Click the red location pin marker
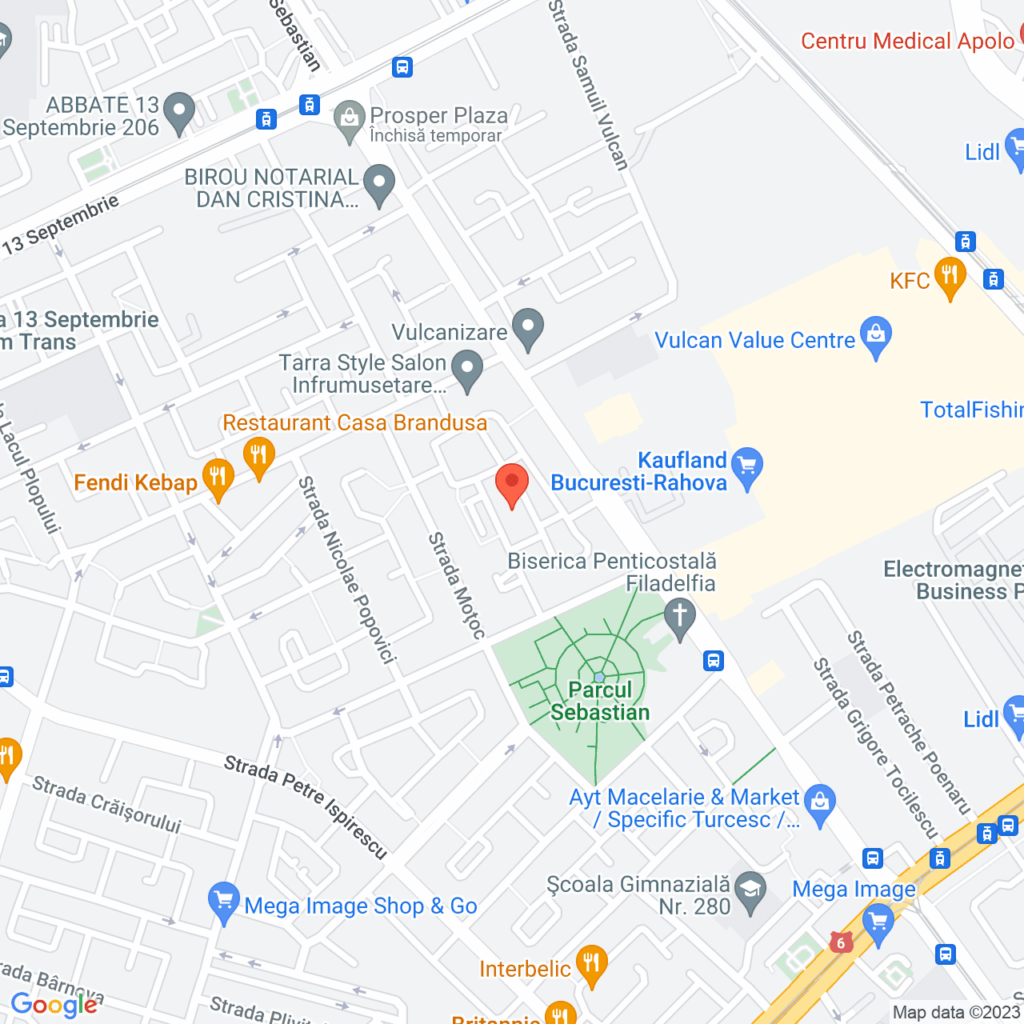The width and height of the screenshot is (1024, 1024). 512,484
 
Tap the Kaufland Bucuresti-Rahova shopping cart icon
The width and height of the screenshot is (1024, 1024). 747,466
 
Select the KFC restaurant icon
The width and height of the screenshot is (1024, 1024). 950,277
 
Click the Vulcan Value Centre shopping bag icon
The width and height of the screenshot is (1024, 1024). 876,335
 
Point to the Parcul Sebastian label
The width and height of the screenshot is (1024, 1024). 600,701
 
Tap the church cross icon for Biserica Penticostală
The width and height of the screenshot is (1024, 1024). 680,618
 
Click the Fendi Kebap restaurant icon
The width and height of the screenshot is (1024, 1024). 218,478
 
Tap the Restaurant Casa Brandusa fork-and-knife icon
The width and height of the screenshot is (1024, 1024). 258,457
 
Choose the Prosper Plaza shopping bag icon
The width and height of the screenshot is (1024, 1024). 349,119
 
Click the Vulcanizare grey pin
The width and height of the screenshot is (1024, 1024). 527,327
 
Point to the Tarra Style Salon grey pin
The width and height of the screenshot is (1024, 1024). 467,370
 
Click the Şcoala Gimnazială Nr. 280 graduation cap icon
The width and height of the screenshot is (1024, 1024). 750,890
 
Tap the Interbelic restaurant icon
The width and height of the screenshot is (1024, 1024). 591,964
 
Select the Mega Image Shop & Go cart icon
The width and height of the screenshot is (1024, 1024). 223,901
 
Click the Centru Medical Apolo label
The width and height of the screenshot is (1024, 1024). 907,42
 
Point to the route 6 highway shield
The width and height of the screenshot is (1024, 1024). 840,942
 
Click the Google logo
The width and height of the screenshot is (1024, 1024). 54,1005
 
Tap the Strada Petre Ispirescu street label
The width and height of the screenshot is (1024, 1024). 306,806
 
